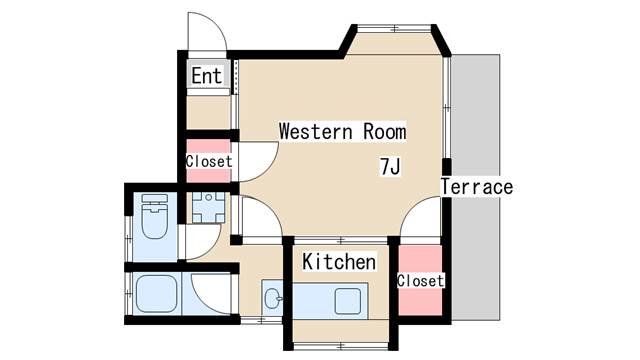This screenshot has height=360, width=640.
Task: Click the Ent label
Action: tap(206, 76)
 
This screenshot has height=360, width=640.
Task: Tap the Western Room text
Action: tap(343, 131)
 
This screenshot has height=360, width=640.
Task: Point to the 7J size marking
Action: tap(390, 166)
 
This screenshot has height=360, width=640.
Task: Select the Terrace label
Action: tap(476, 187)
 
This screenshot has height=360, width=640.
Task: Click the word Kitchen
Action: tap(339, 263)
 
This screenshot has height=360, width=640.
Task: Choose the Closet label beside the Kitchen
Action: tap(420, 281)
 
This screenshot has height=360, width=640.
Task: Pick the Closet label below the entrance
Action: tap(209, 161)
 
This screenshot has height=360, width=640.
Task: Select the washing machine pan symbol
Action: tap(209, 207)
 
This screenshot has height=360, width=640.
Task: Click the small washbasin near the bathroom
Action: tap(272, 296)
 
